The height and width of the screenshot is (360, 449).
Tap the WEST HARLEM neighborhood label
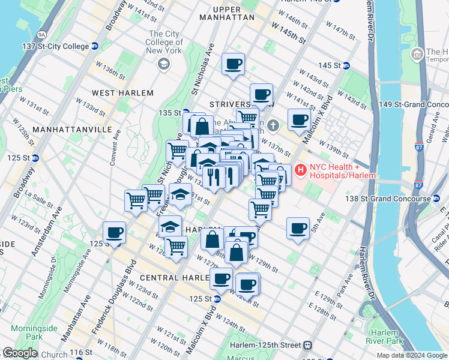(x=122, y=93)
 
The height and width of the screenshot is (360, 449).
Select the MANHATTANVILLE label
(x=72, y=129)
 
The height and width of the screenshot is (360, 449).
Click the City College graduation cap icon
(x=162, y=64)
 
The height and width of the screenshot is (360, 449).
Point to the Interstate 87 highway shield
(x=419, y=146)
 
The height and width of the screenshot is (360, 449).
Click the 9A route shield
(x=40, y=35)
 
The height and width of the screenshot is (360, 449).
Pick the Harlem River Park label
(x=384, y=337)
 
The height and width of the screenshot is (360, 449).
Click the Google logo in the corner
(x=19, y=353)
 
